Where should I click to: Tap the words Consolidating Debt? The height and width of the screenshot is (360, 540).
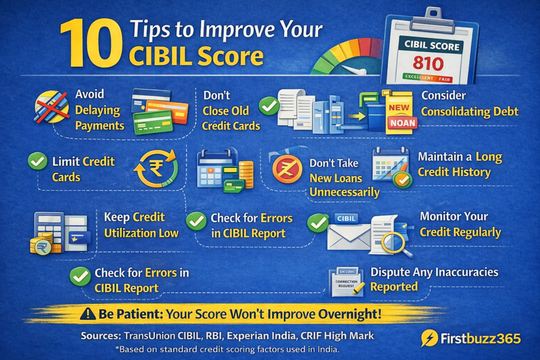click(x=469, y=112)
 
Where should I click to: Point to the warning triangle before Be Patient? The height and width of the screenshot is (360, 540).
click(x=88, y=315)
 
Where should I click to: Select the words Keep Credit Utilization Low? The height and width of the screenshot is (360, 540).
click(x=141, y=225)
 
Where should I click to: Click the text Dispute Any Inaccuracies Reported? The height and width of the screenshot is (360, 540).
click(x=433, y=279)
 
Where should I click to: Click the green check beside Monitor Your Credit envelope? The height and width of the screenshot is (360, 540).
click(x=317, y=223)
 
